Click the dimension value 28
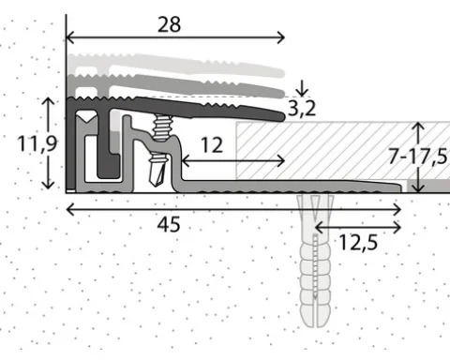(x=169, y=25)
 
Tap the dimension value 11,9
(x=37, y=143)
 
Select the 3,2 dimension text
(x=302, y=109)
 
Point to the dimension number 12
(x=212, y=145)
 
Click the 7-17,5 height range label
(x=418, y=157)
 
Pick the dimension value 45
(x=169, y=224)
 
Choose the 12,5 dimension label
(x=358, y=243)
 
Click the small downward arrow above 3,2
(x=302, y=88)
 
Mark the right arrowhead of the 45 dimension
(x=397, y=209)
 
